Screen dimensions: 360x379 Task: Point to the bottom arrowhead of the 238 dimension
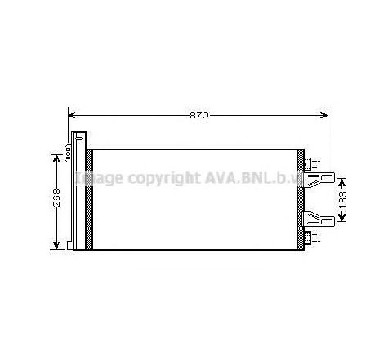(x=56, y=246)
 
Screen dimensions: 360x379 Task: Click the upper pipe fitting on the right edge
(x=308, y=161)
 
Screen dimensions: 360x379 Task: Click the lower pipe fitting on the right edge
(x=308, y=237)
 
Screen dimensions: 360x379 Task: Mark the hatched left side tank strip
(x=88, y=198)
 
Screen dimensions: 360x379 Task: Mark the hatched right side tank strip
(x=301, y=198)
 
